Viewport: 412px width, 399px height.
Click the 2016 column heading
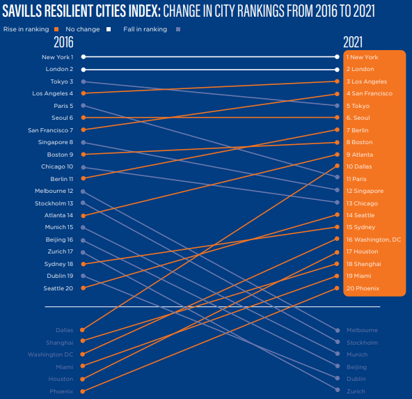[63, 42]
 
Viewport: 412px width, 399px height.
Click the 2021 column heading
[353, 42]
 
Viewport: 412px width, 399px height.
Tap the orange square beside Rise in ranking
[56, 29]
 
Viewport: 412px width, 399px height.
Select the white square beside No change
[109, 29]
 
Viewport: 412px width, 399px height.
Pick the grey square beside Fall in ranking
[178, 29]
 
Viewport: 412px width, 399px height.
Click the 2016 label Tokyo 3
[62, 81]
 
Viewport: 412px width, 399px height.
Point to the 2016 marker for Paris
[84, 105]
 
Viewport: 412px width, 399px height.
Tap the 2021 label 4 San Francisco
[369, 93]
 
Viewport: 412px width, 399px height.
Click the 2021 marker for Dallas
[337, 166]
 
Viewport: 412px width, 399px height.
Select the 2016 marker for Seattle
[84, 288]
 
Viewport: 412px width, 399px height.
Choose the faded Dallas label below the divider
[64, 330]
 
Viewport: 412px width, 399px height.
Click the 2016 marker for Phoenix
[83, 391]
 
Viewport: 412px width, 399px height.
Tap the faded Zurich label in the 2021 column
[356, 391]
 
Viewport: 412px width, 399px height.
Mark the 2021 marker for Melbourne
[338, 330]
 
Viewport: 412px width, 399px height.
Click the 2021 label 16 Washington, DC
[374, 240]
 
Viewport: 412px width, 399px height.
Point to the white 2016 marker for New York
[84, 56]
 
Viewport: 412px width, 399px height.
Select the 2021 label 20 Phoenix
[363, 288]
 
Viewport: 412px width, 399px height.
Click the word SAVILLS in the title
[22, 11]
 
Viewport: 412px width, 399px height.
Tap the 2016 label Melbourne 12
[54, 191]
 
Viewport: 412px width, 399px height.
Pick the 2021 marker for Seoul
[337, 117]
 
